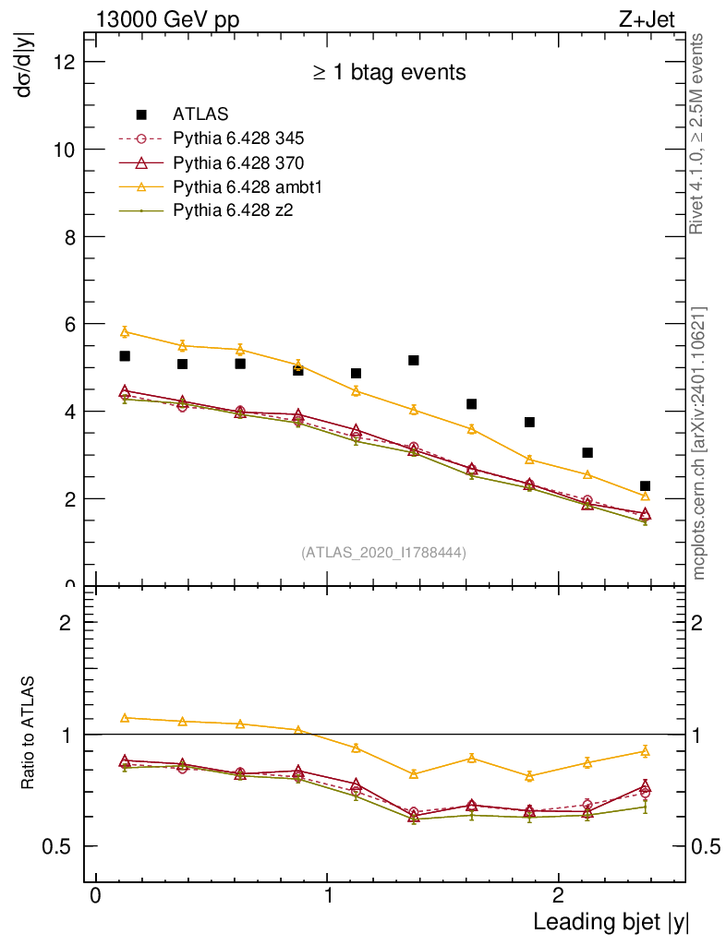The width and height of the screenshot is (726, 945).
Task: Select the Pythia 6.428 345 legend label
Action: point(238,139)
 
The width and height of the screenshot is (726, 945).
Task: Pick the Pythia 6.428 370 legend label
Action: point(238,163)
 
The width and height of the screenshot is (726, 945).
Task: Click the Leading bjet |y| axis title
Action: point(611,921)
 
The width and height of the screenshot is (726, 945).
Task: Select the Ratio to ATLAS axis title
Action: point(30,733)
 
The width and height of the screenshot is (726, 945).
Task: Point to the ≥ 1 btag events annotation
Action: point(388,72)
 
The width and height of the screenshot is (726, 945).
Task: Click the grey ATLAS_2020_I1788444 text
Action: point(383,552)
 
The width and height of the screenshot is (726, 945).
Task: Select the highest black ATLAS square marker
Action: point(125,356)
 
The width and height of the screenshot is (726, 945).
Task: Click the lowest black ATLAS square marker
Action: point(645,486)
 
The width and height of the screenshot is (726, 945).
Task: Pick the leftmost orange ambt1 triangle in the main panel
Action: point(125,331)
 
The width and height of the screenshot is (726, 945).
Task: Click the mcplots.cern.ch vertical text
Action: point(699,443)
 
